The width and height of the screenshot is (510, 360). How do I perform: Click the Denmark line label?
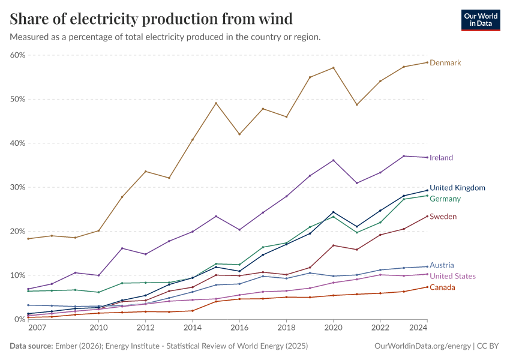coord(445,63)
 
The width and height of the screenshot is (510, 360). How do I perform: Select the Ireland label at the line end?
coord(441,158)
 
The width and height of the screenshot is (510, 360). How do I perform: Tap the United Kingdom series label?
coord(457,188)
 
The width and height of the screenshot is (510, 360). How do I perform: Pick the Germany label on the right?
coord(445,199)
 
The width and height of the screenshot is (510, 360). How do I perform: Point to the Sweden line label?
coord(443,217)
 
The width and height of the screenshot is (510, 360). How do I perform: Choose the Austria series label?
coord(442,265)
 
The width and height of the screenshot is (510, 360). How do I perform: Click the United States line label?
coord(452,277)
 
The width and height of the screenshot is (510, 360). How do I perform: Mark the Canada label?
coord(442,287)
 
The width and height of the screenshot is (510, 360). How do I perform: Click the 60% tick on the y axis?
coord(17,55)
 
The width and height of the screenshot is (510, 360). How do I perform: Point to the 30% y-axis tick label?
coord(17,187)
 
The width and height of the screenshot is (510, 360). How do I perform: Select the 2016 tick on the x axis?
coord(239,328)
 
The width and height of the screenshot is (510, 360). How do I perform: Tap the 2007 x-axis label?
coord(37,328)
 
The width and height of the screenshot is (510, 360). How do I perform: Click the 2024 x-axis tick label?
coord(418,328)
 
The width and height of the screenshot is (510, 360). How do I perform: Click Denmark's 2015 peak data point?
coord(216,103)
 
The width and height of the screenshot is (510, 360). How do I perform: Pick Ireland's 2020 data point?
coord(333,160)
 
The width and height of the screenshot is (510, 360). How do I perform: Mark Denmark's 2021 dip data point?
coord(357,104)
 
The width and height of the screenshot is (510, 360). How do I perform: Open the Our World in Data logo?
coord(480,19)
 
